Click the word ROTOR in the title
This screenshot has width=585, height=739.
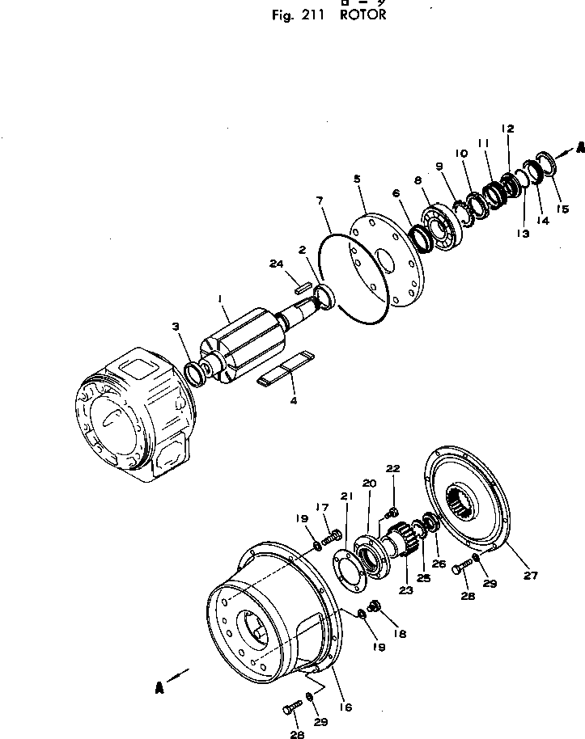(x=353, y=15)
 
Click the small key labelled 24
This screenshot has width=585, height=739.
(x=303, y=285)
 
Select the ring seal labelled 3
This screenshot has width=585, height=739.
(x=194, y=373)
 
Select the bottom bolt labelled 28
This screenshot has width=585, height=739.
(x=290, y=709)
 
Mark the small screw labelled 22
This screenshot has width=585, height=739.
(x=393, y=511)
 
